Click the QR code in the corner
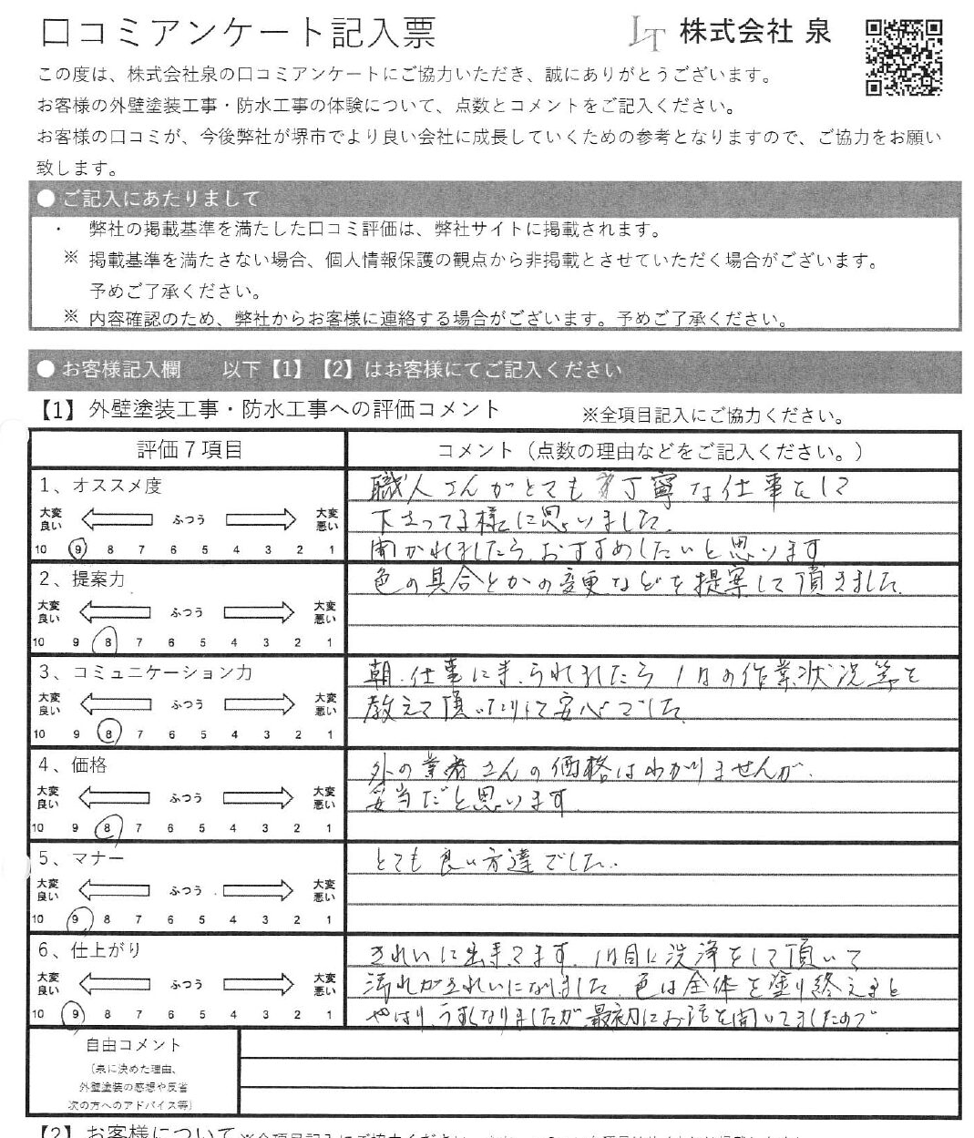pos(903,56)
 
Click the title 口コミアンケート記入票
pos(239,33)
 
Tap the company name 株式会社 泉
pos(755,33)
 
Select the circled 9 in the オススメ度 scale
pos(78,549)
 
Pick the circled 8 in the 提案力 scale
pos(108,642)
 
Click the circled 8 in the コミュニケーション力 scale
pos(109,734)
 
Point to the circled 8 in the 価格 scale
pos(108,828)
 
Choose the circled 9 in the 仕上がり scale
pos(77,1013)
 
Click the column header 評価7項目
pos(190,449)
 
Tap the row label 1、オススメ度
pos(100,487)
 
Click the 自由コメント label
pos(133,1045)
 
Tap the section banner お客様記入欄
pos(120,370)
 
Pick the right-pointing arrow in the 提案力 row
pos(261,612)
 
